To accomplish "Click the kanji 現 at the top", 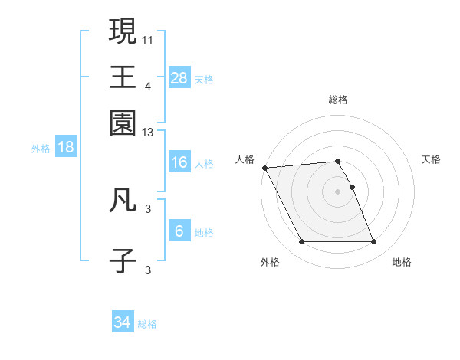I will (123, 31).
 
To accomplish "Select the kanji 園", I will (123, 122).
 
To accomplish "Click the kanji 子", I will (123, 260).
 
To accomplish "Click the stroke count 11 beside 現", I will (147, 39).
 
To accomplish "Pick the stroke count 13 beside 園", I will (147, 133).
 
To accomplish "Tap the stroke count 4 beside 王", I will (147, 86).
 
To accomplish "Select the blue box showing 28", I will (179, 77).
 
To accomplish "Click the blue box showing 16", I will (179, 162).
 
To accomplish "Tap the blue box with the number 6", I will (179, 231).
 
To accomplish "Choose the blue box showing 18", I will (66, 148).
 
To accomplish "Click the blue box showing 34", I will (123, 323).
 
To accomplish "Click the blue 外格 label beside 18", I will (41, 149).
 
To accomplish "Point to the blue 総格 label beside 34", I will (147, 324).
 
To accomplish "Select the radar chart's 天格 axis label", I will (431, 159).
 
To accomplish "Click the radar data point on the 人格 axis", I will (264, 168).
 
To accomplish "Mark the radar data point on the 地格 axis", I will (373, 242).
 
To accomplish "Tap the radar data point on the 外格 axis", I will (301, 242).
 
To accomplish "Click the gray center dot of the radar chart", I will (337, 191).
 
